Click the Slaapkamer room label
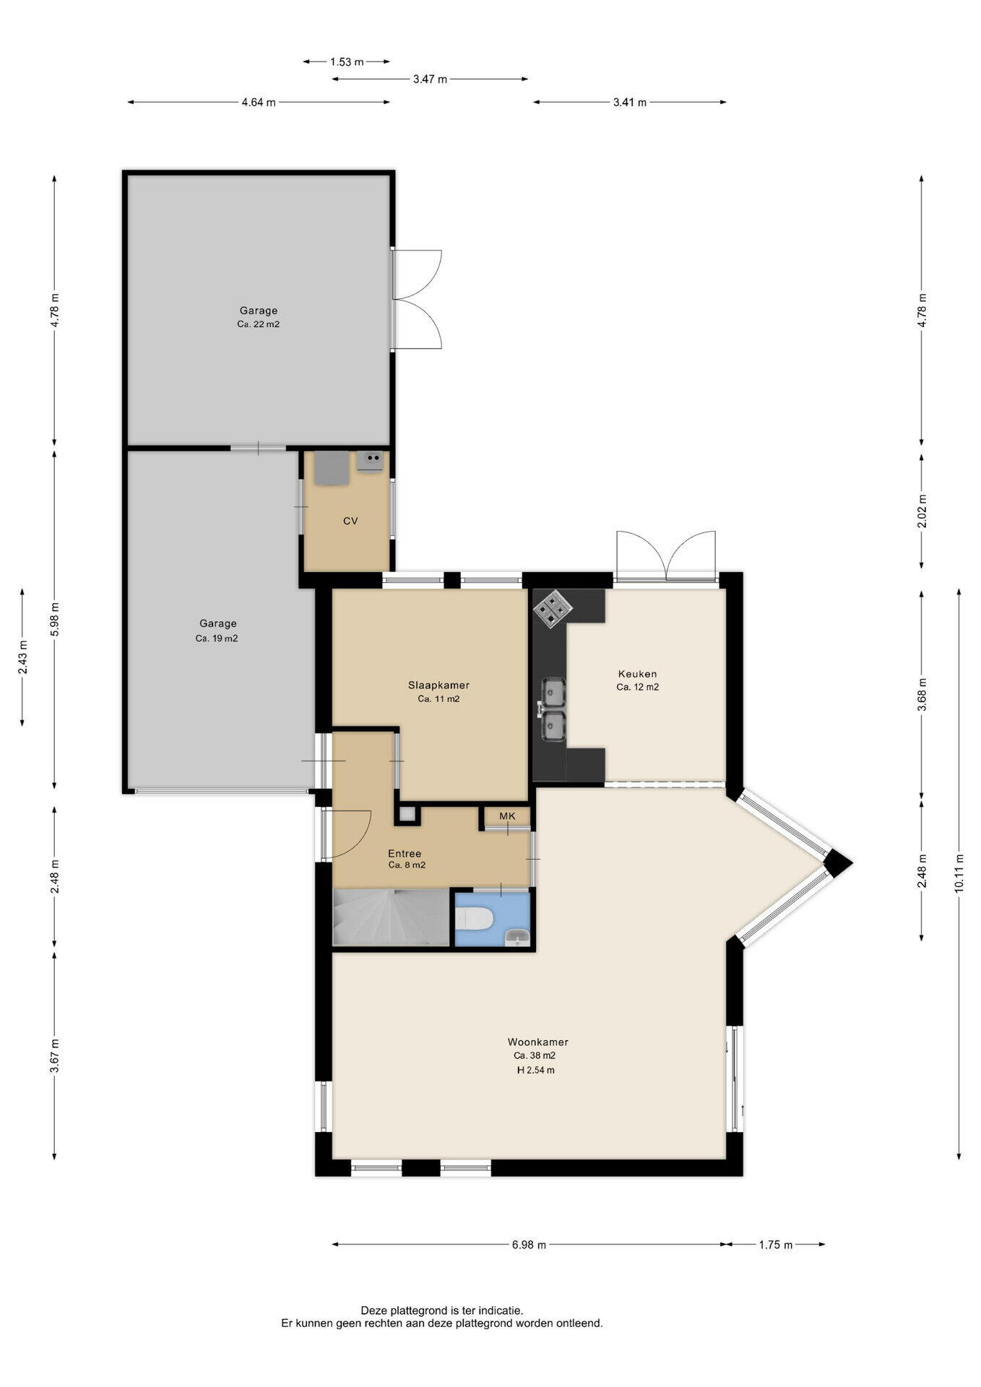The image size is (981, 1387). coord(438,685)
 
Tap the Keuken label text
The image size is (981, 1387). coord(637,674)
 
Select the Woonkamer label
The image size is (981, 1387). coord(537,1042)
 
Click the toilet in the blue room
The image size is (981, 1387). coord(475,919)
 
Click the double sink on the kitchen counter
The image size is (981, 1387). coord(553,709)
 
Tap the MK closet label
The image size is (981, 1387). coord(507,816)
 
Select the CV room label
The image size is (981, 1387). coord(350,521)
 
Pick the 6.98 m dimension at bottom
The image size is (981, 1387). coord(529,1245)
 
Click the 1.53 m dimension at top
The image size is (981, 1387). coord(347,62)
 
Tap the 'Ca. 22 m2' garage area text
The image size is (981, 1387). coord(258,324)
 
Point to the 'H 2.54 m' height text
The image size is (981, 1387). coord(535,1070)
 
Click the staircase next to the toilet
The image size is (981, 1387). coord(390,917)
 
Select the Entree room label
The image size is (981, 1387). coord(405,853)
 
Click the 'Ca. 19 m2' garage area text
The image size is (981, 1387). coord(217,639)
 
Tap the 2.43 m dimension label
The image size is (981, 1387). coord(22,657)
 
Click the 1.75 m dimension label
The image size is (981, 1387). coord(776,1245)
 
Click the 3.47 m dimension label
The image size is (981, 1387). coord(430,79)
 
